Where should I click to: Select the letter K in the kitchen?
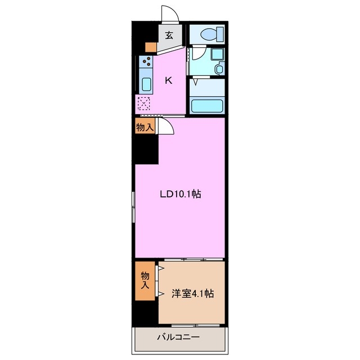(x=168, y=80)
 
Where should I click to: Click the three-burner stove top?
(x=146, y=62)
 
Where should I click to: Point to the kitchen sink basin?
(x=146, y=85)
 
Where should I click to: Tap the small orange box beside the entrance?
(x=150, y=47)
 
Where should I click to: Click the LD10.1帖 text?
(x=180, y=195)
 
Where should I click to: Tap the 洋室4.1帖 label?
(x=192, y=293)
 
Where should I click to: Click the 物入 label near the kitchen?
(x=145, y=128)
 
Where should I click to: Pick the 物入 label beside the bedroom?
(x=145, y=280)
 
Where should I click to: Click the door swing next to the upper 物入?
(x=166, y=126)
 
